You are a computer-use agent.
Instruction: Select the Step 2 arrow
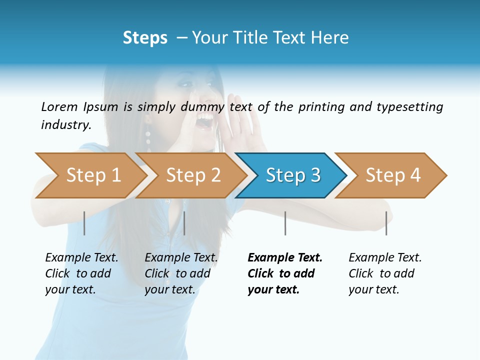(x=192, y=175)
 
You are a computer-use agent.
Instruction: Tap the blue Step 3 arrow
(x=292, y=175)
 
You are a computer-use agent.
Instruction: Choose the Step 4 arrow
(x=392, y=175)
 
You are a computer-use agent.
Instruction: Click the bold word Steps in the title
(x=145, y=37)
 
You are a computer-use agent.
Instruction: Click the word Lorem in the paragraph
(x=59, y=106)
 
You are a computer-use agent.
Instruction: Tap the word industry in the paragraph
(x=66, y=124)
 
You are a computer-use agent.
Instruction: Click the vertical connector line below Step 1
(x=84, y=223)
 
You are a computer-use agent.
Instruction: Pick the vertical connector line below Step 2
(x=184, y=223)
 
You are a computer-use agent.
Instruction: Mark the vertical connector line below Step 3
(x=285, y=223)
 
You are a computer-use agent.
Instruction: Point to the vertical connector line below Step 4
(x=386, y=223)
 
